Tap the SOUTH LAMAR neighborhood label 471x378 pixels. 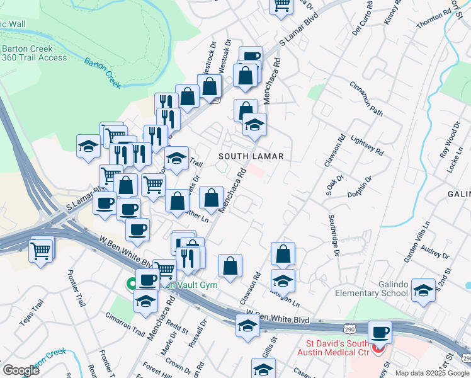tap(251, 156)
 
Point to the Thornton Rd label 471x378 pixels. tap(434, 16)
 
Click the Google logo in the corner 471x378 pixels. tap(21, 370)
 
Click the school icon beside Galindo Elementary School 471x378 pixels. tap(423, 289)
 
